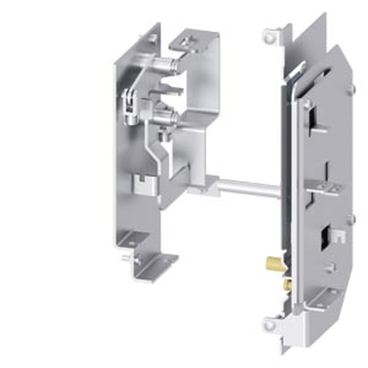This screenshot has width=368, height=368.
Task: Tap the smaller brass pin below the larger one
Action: click(x=287, y=284)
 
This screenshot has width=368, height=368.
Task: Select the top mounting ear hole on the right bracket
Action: click(x=270, y=37)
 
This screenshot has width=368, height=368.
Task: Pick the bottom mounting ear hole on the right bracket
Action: click(x=269, y=325)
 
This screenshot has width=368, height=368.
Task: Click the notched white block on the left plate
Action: click(x=145, y=184)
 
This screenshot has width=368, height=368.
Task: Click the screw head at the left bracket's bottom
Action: click(x=137, y=260)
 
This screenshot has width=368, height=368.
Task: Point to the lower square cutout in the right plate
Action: click(x=325, y=237)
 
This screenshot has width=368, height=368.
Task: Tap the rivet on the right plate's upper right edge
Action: click(x=350, y=88)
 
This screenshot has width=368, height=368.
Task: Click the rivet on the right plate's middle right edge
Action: click(x=350, y=219)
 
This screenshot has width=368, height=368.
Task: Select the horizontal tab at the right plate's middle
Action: click(x=324, y=189)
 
